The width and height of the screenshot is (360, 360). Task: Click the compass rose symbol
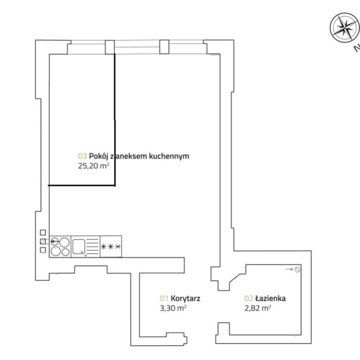click(344, 28)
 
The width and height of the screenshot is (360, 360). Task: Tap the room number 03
click(82, 156)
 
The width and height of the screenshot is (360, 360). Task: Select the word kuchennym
click(169, 156)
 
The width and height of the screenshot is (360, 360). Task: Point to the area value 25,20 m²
click(93, 166)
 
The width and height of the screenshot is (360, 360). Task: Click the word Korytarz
click(185, 299)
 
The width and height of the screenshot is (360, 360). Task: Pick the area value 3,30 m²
click(173, 308)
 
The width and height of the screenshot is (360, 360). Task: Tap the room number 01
click(164, 299)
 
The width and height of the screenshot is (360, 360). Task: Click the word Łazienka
click(271, 298)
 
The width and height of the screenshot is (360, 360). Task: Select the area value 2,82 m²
click(258, 308)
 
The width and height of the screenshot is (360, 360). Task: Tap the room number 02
click(249, 299)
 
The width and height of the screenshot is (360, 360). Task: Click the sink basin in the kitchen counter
click(79, 247)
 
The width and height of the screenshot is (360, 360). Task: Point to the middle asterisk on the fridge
click(111, 247)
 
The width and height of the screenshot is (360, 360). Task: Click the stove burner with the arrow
click(55, 241)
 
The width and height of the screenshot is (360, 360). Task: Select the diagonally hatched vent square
click(43, 241)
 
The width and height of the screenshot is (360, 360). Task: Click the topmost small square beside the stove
click(43, 233)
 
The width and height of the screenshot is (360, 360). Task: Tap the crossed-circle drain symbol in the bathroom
click(297, 269)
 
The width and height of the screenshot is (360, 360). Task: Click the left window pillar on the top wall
click(110, 47)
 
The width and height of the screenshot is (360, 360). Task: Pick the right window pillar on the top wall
click(164, 47)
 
